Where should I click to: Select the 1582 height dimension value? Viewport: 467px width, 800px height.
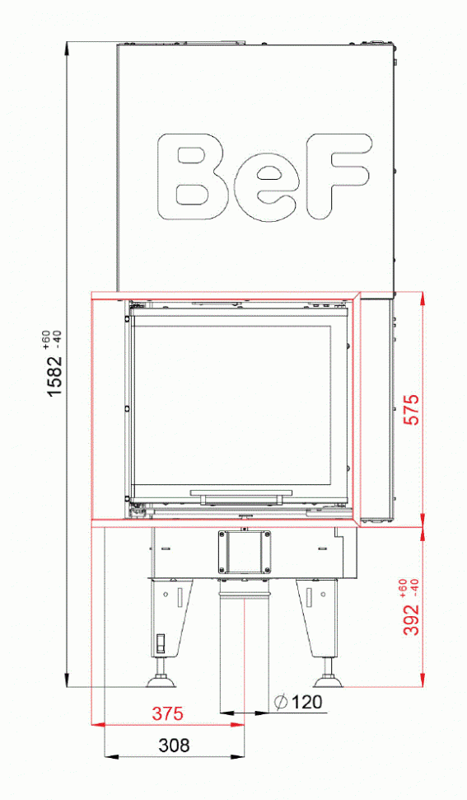pyautogui.click(x=55, y=377)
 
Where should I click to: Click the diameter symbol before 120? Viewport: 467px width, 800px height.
pyautogui.click(x=280, y=702)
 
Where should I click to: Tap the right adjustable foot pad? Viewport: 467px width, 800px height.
pyautogui.click(x=329, y=681)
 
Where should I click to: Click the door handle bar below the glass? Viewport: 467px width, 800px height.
pyautogui.click(x=241, y=495)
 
